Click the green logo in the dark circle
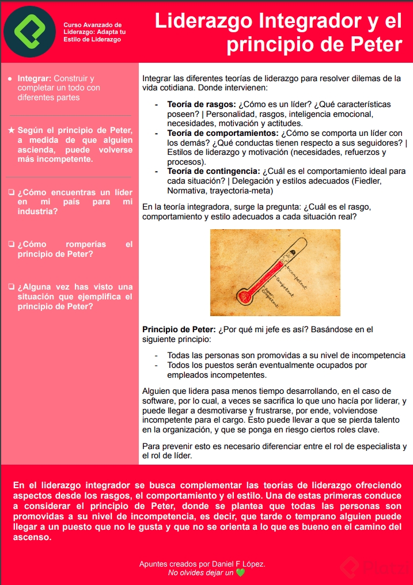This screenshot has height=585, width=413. coord(29,32)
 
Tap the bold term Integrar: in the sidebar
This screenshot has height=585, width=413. coord(35,78)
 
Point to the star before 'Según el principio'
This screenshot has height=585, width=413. coord(12,131)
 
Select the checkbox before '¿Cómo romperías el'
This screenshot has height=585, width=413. coord(12,244)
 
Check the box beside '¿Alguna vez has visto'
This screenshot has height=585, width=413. coord(12,287)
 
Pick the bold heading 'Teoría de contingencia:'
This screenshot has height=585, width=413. coord(214,171)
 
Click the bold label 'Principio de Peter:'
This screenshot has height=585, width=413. coord(179,329)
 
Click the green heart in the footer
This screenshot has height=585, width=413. coord(240,573)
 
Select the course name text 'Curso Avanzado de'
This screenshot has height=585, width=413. coord(92,25)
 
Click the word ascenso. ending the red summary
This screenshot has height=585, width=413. coord(32,538)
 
